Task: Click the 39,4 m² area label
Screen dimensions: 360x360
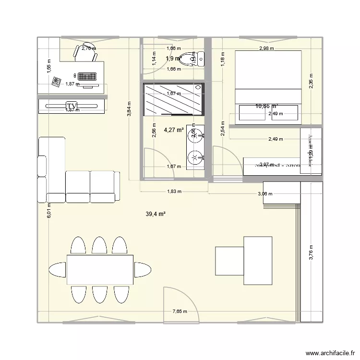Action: (156, 214)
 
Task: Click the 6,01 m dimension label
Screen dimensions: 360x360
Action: (49, 210)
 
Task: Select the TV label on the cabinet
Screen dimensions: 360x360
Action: (72, 106)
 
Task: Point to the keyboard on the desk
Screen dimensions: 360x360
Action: (87, 76)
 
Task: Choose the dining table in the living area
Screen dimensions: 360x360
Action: (100, 270)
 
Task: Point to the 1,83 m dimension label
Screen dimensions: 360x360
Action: (173, 192)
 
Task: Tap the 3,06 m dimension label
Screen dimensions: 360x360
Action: (265, 194)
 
